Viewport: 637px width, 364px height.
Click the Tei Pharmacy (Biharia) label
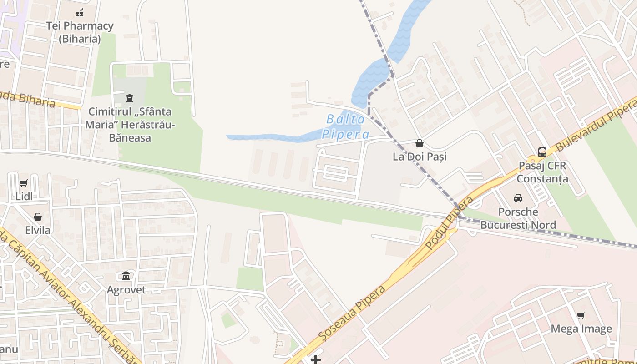(x=80, y=32)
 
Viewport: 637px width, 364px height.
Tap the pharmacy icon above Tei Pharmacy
(x=80, y=13)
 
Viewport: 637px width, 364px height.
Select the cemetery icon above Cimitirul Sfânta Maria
(x=130, y=98)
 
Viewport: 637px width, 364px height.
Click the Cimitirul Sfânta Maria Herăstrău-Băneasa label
(x=130, y=124)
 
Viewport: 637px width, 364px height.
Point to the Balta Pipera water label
(x=346, y=127)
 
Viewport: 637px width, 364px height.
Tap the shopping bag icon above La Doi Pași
(x=419, y=144)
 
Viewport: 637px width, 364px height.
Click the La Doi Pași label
(x=420, y=157)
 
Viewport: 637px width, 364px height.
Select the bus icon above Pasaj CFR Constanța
(x=542, y=152)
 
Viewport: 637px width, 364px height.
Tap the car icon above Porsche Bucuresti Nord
(x=518, y=198)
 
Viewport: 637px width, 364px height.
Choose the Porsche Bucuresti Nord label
(x=518, y=218)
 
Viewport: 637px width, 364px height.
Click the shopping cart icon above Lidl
(x=24, y=183)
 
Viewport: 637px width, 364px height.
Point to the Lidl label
(x=24, y=197)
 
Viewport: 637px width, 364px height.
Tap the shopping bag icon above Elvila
(x=38, y=217)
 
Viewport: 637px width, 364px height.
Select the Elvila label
(x=38, y=230)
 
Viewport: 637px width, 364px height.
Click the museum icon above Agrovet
(x=126, y=276)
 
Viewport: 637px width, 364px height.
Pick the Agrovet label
(x=126, y=290)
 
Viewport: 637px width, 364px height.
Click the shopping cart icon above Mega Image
(x=581, y=315)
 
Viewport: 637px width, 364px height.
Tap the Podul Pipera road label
(x=449, y=223)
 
